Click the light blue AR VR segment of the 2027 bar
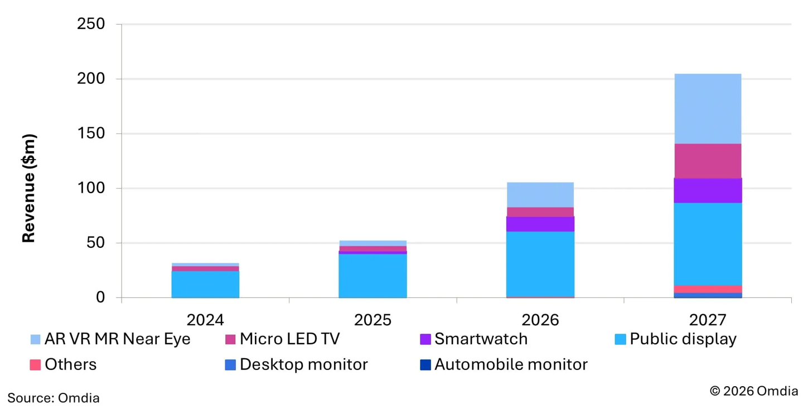(x=707, y=109)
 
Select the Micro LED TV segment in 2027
(x=707, y=161)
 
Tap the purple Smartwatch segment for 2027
(x=707, y=190)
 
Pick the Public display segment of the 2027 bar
(x=707, y=244)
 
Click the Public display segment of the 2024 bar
(x=205, y=284)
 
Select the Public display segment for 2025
(x=373, y=276)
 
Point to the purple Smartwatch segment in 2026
(x=540, y=224)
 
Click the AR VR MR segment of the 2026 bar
(x=540, y=195)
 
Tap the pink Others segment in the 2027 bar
(x=707, y=289)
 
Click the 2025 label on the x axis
(x=373, y=320)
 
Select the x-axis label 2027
(x=707, y=320)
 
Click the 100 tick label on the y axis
(x=92, y=189)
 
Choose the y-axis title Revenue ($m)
(x=29, y=188)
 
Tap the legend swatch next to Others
(x=35, y=365)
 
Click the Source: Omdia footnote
(x=54, y=398)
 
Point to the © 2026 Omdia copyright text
(x=753, y=391)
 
